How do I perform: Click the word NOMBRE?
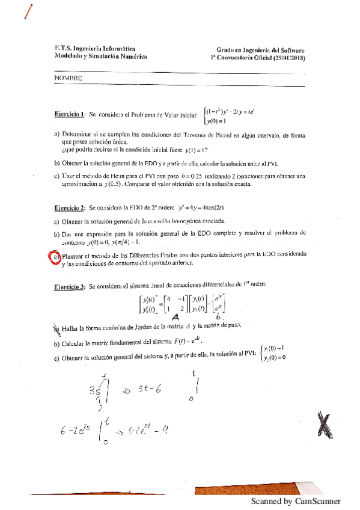(x=68, y=78)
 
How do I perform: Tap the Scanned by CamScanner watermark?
(x=296, y=500)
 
